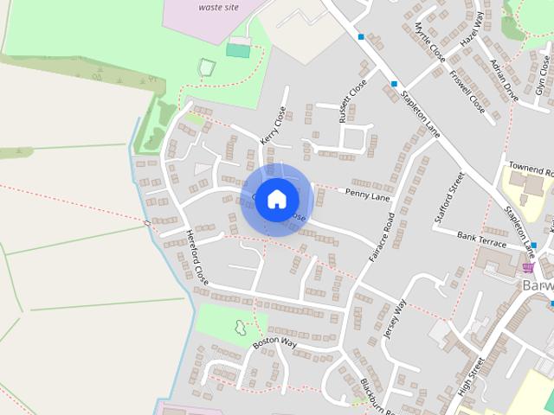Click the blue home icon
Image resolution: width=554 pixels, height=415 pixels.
[276, 199]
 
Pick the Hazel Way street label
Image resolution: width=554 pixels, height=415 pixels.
[470, 29]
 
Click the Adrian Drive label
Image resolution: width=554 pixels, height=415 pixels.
[503, 80]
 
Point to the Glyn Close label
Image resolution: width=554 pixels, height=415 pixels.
[542, 73]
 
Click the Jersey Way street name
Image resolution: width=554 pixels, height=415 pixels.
[395, 319]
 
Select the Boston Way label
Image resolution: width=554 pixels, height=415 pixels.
[275, 343]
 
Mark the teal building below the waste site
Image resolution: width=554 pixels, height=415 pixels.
[237, 50]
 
